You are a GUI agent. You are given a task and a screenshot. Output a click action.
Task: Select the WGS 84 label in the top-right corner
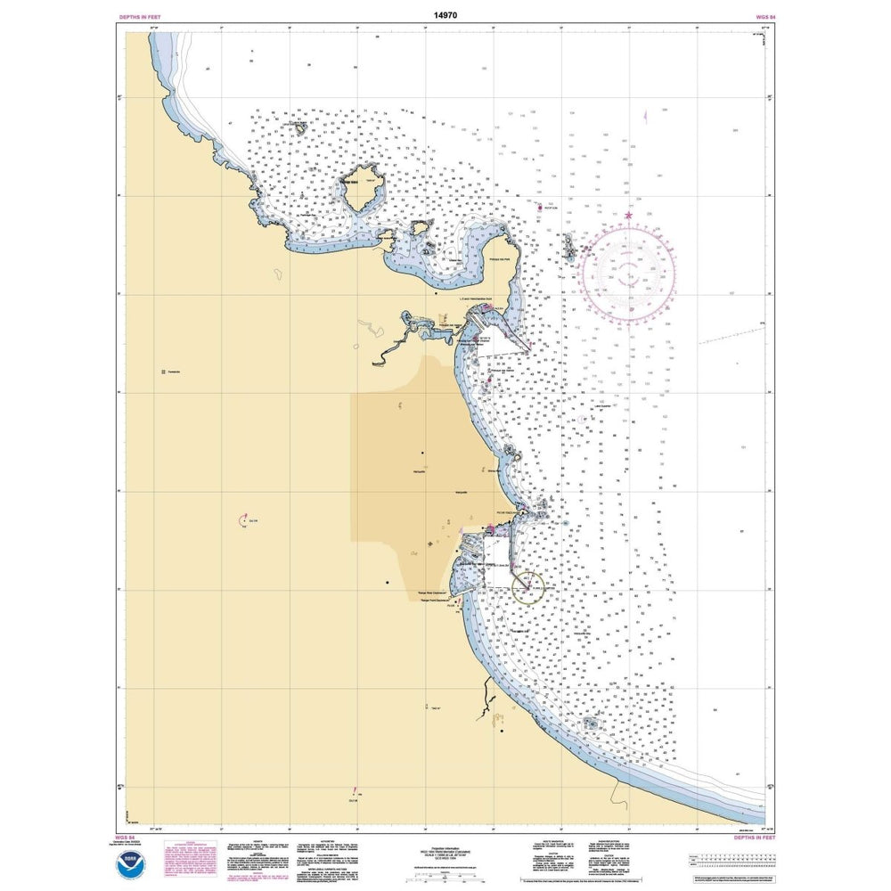[751, 17]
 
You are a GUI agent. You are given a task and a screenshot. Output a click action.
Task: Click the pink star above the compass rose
[629, 215]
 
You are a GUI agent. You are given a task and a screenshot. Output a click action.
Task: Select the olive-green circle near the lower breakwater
[527, 586]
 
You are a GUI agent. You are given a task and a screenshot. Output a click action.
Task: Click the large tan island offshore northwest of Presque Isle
[361, 186]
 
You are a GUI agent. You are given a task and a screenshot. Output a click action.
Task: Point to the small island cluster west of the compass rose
[568, 247]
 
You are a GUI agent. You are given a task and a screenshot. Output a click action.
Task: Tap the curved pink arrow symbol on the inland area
[243, 519]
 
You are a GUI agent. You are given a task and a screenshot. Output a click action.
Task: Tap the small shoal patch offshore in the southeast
[591, 724]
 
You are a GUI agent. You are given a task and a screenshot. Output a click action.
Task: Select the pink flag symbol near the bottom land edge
[355, 790]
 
